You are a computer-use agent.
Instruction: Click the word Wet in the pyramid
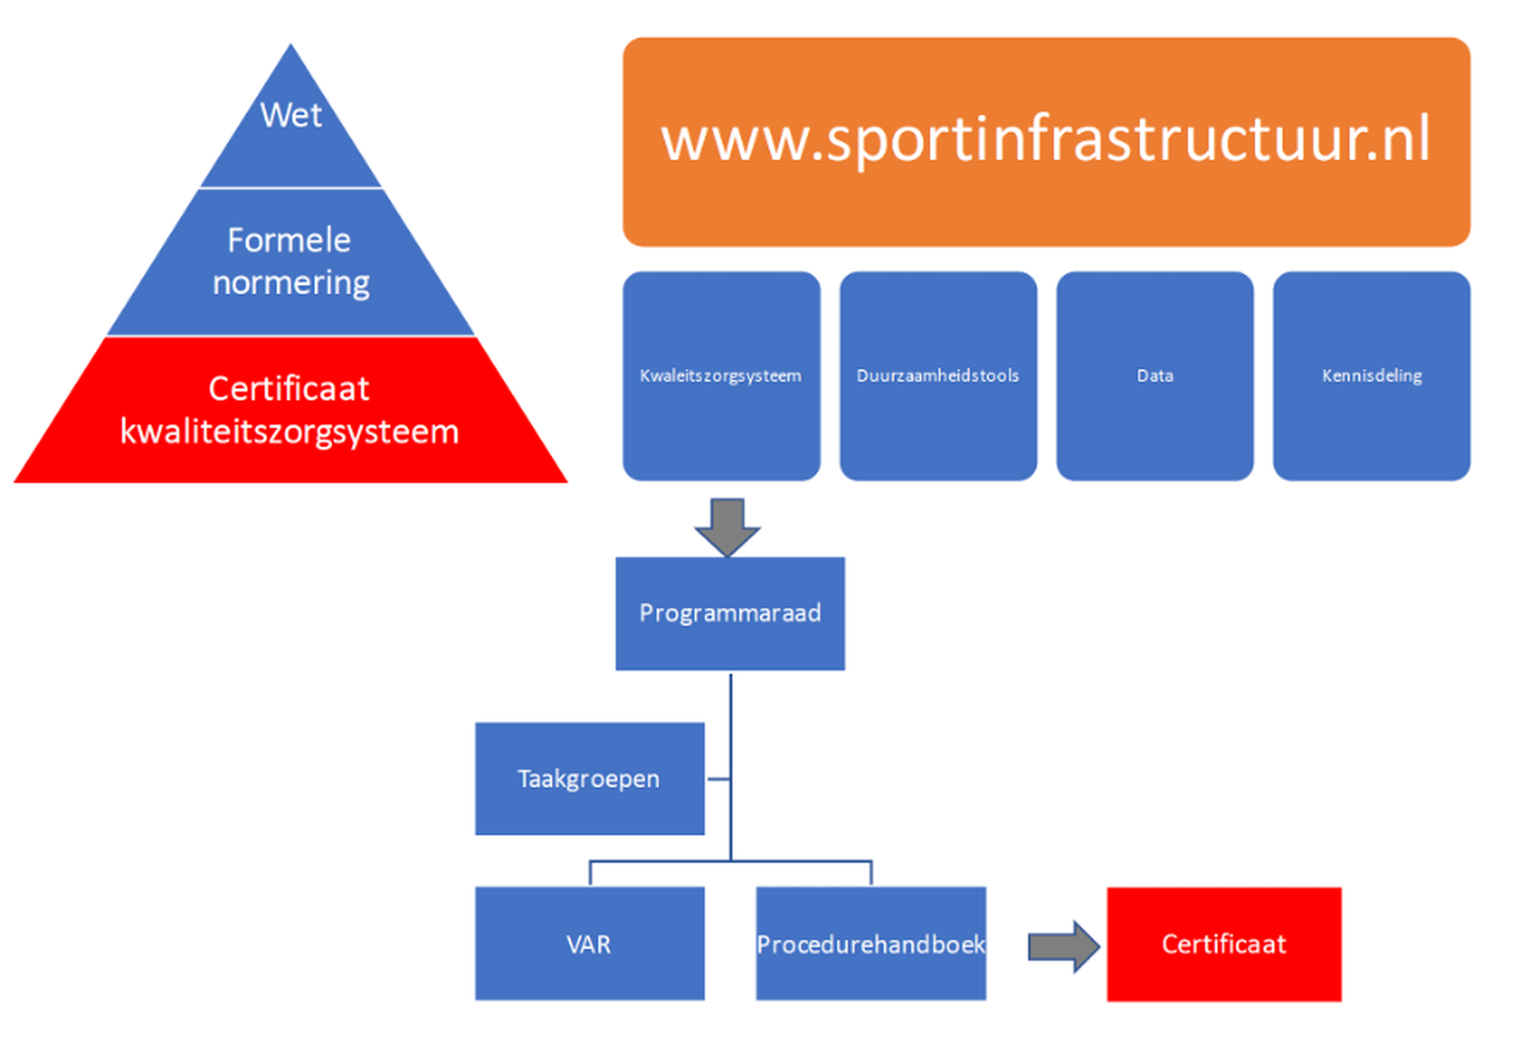(291, 115)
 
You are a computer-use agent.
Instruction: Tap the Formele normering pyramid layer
(291, 262)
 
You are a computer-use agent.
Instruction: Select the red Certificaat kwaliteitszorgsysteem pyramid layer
(291, 410)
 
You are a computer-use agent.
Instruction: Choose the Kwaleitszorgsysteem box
(721, 376)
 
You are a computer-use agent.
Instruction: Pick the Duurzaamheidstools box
(938, 376)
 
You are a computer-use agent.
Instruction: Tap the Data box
(1155, 376)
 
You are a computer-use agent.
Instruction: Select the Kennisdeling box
(1372, 376)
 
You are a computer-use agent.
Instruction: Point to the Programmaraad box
(730, 614)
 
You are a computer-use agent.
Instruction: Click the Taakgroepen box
(589, 778)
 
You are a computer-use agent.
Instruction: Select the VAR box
(589, 943)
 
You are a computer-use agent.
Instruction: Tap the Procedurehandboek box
(871, 943)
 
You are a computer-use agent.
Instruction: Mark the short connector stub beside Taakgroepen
(719, 779)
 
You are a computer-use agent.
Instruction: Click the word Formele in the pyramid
(289, 240)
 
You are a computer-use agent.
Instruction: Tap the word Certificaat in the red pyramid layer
(289, 389)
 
